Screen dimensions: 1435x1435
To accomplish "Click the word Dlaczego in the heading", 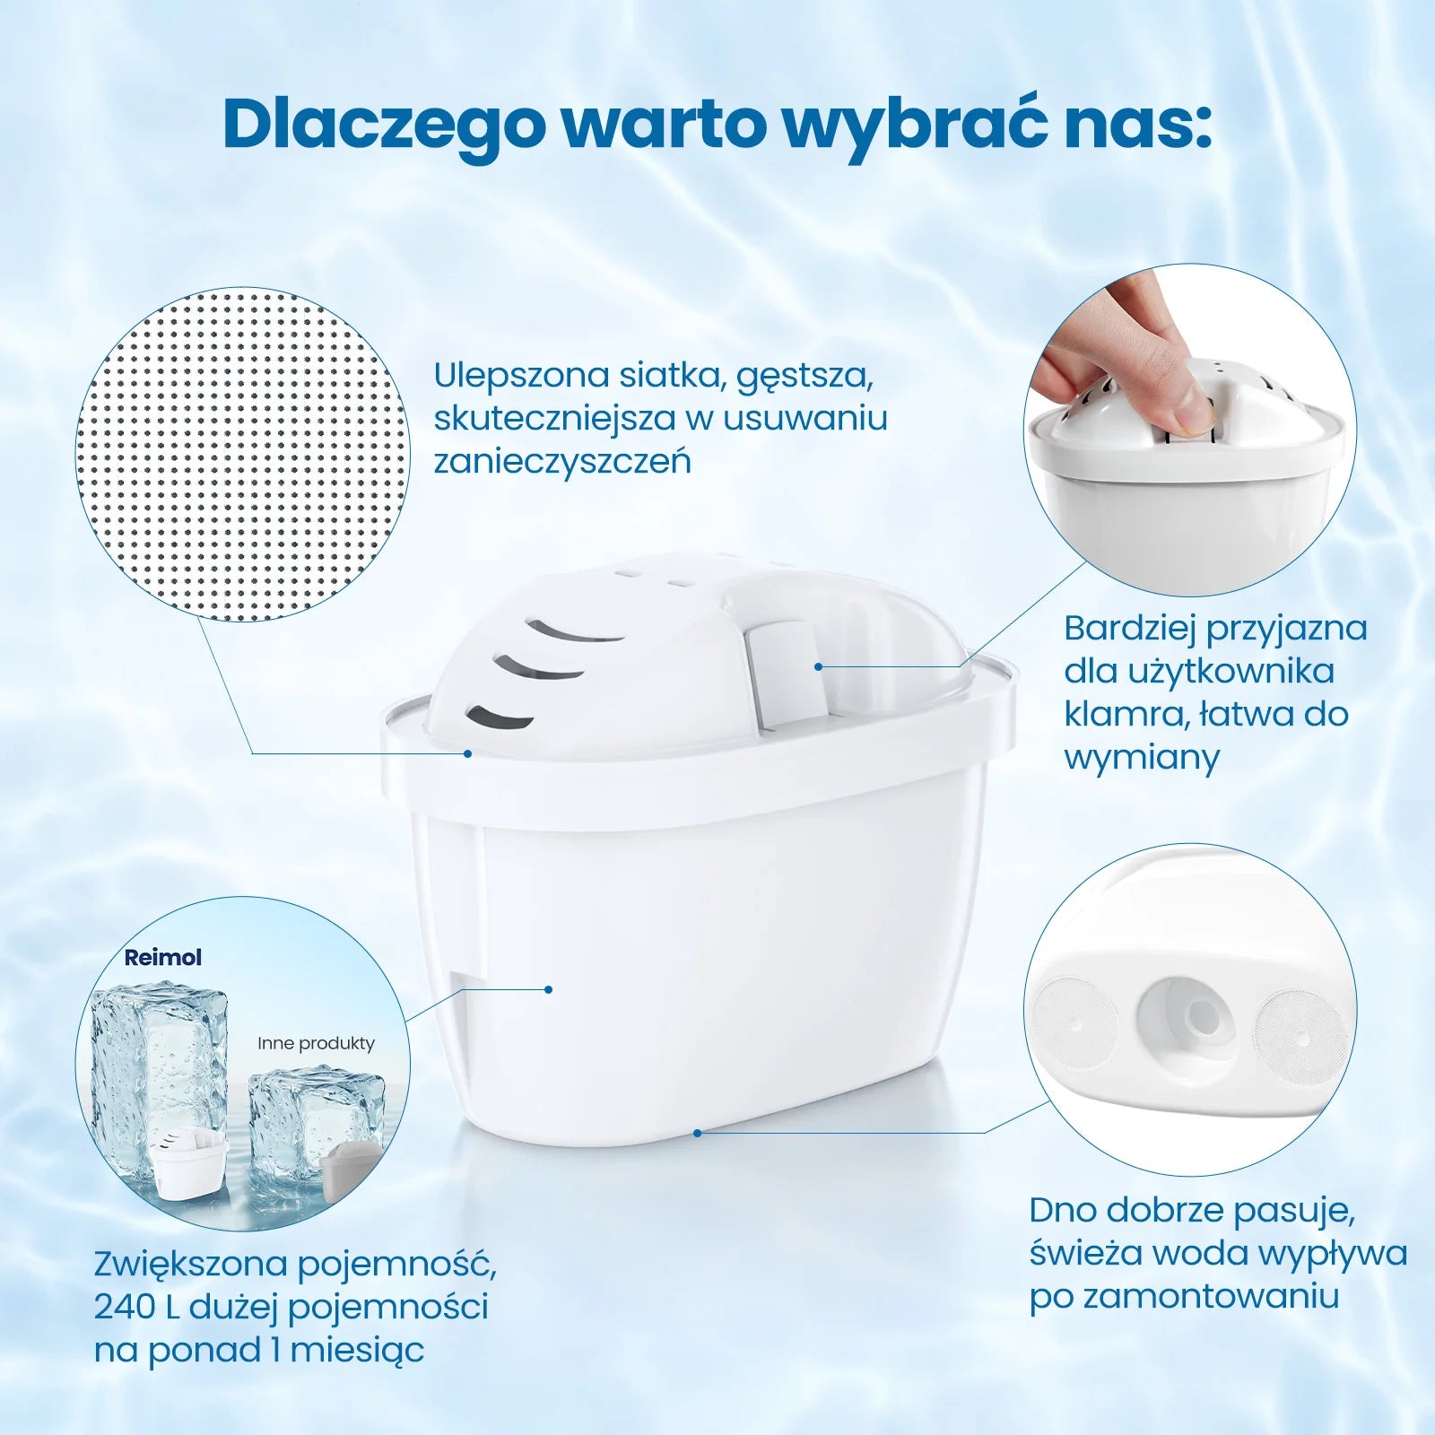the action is [x=383, y=126].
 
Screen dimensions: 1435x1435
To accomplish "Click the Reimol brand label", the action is [x=162, y=957].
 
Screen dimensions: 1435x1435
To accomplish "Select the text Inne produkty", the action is [x=316, y=1043].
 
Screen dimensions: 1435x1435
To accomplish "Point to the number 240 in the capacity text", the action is [x=125, y=1307].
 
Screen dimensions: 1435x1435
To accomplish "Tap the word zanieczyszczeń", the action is [x=562, y=462].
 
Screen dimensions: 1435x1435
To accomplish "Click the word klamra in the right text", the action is [x=1117, y=714].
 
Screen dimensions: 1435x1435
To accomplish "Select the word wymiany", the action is [x=1142, y=759].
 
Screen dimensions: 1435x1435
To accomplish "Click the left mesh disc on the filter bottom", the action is [x=1075, y=1022].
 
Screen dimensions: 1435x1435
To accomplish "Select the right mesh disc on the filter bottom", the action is [x=1299, y=1032].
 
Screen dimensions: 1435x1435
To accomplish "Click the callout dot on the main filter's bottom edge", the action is [x=698, y=1133].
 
